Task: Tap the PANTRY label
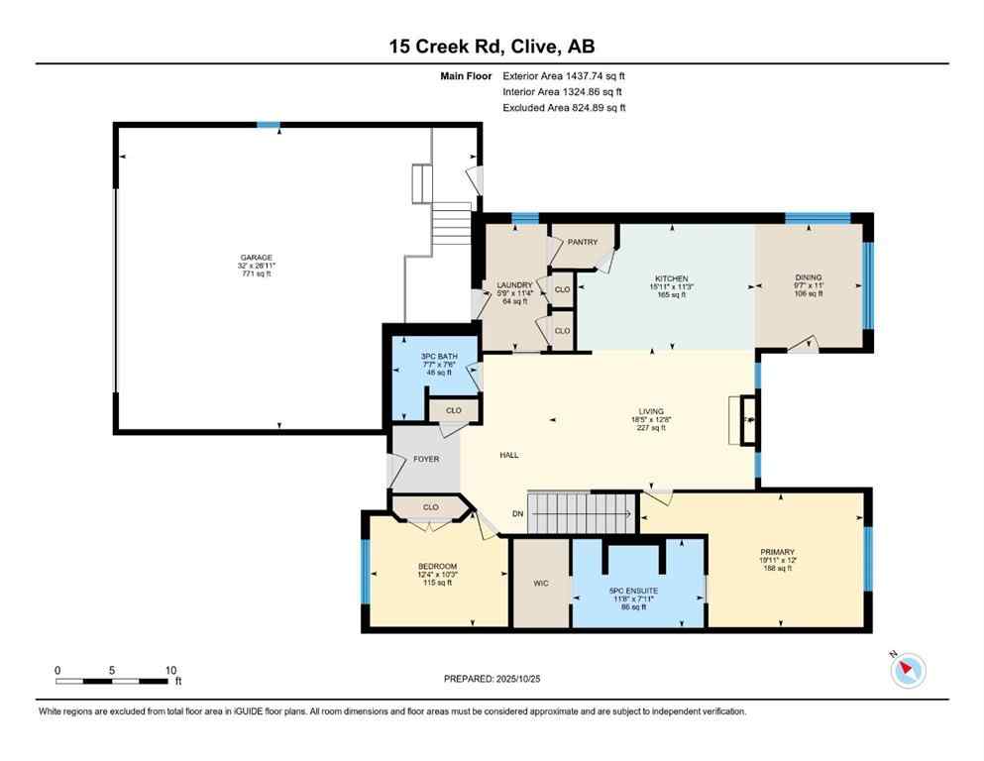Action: [583, 242]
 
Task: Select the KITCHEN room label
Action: [671, 279]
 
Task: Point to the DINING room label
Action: [808, 278]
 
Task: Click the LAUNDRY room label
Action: [514, 285]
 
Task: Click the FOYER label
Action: [426, 459]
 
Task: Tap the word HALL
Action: [508, 455]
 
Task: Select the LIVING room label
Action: [651, 412]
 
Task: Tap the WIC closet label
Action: [540, 584]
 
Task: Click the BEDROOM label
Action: [437, 567]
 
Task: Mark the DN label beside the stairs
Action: [517, 513]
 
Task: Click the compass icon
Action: [908, 671]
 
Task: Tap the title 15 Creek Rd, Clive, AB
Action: [492, 46]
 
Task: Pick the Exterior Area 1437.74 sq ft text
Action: [564, 75]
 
